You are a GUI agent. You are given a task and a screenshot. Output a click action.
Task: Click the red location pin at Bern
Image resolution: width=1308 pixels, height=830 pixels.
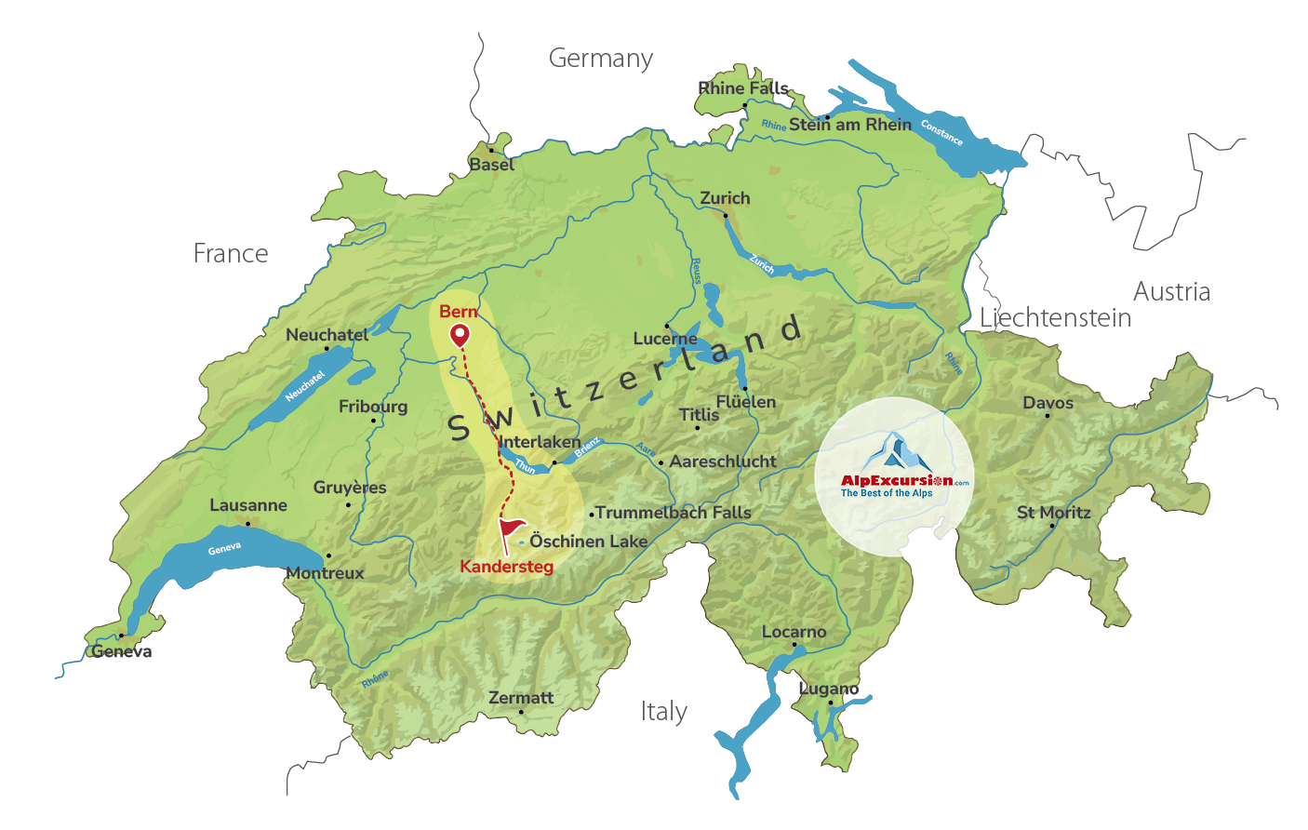pos(460,335)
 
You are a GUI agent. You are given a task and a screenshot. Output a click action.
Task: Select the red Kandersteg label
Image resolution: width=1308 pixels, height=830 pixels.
pos(506,567)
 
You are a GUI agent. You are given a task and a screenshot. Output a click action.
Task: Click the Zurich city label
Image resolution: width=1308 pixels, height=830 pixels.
pos(725,198)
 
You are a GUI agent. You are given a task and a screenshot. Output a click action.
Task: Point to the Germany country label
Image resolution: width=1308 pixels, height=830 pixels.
pos(600,59)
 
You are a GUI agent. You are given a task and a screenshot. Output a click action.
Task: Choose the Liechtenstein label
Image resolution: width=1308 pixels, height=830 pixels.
pos(1055,318)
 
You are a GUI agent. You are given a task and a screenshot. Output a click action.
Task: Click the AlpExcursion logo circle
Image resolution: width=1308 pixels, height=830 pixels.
pos(894,477)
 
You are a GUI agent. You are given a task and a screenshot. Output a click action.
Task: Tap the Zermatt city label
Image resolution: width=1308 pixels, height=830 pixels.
pos(521,698)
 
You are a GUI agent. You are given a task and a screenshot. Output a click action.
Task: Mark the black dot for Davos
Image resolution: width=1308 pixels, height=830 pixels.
pos(1048,416)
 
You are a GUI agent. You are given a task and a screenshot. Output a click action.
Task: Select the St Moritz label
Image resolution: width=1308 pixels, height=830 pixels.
pos(1053,513)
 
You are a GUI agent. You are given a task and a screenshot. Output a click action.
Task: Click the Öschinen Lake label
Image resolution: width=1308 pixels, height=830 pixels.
pos(588,542)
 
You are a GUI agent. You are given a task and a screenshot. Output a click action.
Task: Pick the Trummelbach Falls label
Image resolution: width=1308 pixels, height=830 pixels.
pos(673,513)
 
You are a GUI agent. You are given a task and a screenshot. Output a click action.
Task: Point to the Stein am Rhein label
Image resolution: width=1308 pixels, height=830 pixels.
pos(850,125)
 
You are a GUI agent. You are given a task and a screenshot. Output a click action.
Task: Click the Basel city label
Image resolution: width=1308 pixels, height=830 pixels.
pos(491,165)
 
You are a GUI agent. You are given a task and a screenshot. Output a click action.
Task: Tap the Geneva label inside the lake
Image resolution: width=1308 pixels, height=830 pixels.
pos(224,549)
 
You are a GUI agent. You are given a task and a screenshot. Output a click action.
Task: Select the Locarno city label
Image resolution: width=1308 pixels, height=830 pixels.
pos(794,632)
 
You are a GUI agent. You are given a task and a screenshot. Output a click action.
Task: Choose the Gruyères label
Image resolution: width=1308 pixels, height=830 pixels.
pos(350,488)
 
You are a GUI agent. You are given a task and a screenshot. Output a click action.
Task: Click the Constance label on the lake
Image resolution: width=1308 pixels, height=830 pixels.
pos(941,133)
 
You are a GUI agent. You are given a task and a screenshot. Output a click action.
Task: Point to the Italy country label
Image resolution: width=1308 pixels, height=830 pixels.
pos(663,712)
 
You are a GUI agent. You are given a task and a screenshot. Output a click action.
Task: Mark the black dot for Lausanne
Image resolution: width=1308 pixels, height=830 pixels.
pos(247,524)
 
